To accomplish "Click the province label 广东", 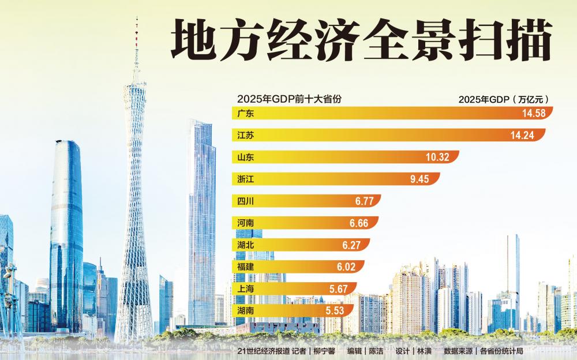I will pyautogui.click(x=246, y=114).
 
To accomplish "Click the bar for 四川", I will pyautogui.click(x=306, y=201).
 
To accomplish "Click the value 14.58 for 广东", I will pyautogui.click(x=534, y=114).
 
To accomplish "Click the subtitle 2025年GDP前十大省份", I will pyautogui.click(x=289, y=99).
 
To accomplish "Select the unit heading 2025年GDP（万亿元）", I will pyautogui.click(x=502, y=99).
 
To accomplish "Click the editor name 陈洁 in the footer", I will pyautogui.click(x=377, y=351).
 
